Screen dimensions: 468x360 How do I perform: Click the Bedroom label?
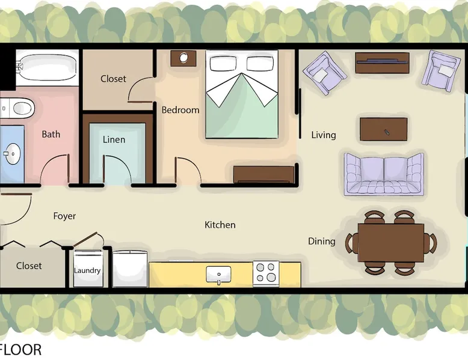click(x=180, y=110)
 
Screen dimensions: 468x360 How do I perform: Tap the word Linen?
click(x=114, y=139)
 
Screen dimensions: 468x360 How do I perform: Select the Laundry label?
click(x=87, y=270)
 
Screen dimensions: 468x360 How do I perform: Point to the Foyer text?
click(x=64, y=216)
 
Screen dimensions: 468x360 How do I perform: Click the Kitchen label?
click(x=220, y=225)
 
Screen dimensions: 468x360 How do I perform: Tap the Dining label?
click(x=321, y=241)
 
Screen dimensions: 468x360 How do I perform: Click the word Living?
click(x=324, y=135)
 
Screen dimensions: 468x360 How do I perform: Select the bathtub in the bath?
click(x=47, y=67)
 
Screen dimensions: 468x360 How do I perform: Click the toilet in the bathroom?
click(x=19, y=108)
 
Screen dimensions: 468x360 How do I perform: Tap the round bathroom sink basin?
click(x=12, y=154)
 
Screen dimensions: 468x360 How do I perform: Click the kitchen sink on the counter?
click(x=218, y=275)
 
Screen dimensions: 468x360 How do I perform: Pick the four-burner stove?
click(x=266, y=273)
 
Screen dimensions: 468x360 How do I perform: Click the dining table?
click(x=391, y=243)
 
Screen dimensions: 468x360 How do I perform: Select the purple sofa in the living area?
click(x=384, y=174)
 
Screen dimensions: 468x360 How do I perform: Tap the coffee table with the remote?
click(x=384, y=129)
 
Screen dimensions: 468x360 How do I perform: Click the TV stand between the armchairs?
click(x=382, y=63)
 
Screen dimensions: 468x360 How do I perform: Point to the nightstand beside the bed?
click(x=183, y=58)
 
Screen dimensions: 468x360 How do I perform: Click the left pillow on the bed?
click(x=223, y=64)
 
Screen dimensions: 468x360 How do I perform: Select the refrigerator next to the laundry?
click(x=130, y=269)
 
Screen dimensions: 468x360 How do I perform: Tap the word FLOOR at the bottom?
click(x=20, y=350)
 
